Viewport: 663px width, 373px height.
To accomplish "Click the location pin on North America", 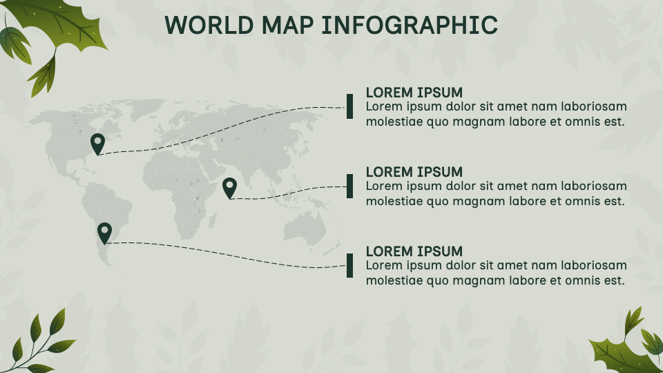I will [x=97, y=143].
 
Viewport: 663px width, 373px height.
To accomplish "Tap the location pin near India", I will [x=229, y=186].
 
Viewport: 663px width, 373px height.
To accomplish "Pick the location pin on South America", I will [x=104, y=232].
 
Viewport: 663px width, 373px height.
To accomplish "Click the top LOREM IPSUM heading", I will [x=414, y=93].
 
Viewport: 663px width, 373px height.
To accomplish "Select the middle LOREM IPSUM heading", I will [x=414, y=172].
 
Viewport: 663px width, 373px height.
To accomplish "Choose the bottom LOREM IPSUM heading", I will [x=414, y=251].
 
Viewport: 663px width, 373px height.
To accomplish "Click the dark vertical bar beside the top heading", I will [x=350, y=106].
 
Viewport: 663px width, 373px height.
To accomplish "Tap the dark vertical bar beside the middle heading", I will [x=350, y=186].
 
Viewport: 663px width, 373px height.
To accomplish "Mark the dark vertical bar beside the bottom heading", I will [x=350, y=265].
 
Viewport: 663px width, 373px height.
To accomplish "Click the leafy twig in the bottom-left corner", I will [x=41, y=342].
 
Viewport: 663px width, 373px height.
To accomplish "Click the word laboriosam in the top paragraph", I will [x=593, y=107].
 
